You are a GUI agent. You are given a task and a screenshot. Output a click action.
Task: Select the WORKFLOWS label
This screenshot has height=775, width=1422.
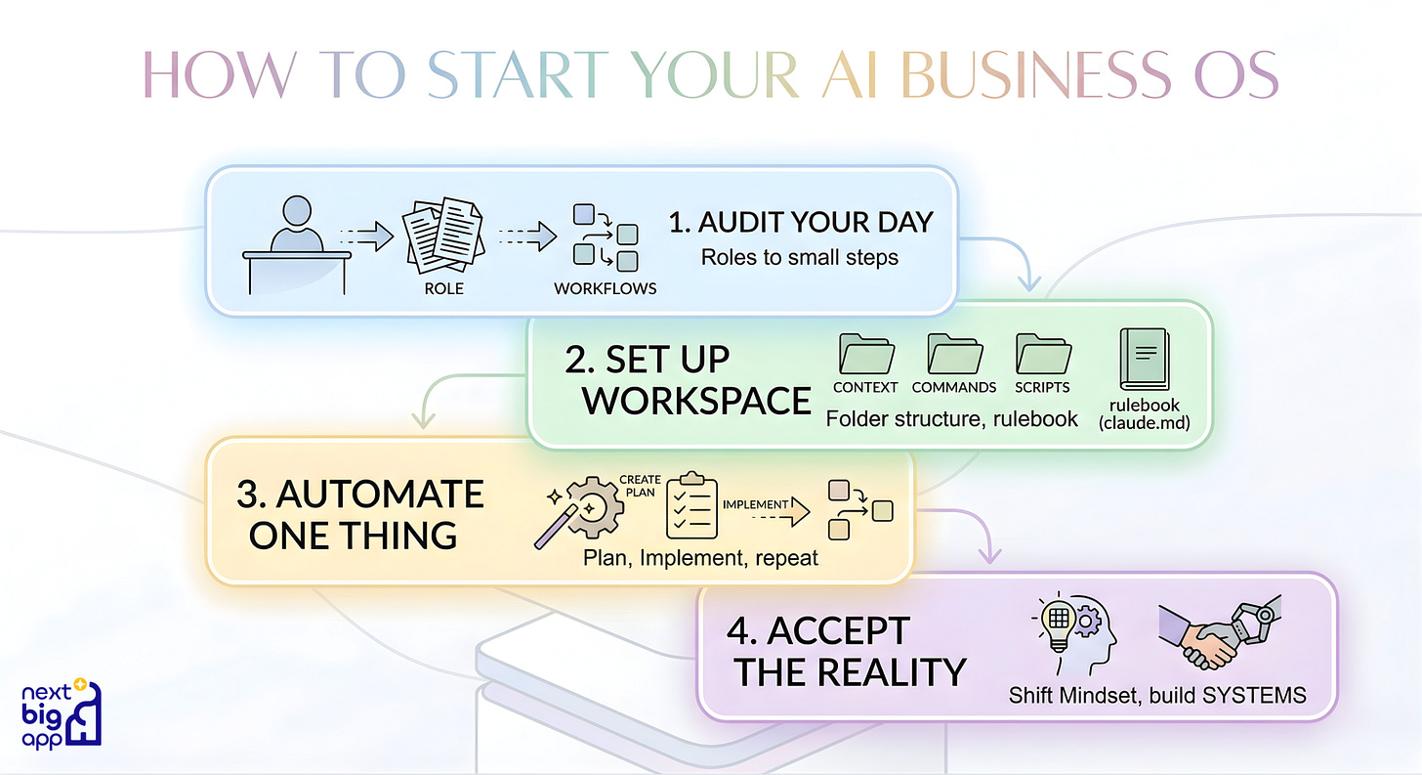click(x=606, y=289)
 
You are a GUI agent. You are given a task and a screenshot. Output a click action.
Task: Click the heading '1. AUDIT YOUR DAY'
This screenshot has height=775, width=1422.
click(x=801, y=222)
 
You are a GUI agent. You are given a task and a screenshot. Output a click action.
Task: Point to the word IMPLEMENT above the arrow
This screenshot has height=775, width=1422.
click(x=755, y=504)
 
